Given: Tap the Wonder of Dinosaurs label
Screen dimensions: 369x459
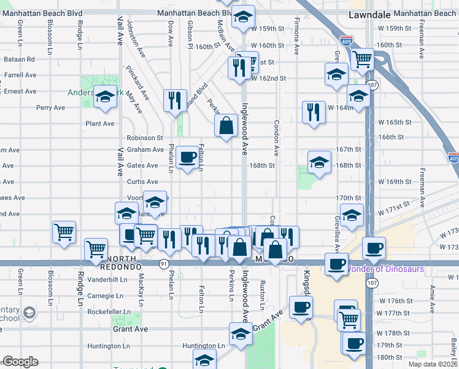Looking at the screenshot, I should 385,269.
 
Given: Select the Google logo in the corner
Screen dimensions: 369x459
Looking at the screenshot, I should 20,362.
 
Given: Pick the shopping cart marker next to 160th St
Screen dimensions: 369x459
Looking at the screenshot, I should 363,59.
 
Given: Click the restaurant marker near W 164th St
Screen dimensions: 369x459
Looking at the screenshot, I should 314,111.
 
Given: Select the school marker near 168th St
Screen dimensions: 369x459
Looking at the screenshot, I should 319,163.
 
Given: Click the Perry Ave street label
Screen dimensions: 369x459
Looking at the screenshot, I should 50,107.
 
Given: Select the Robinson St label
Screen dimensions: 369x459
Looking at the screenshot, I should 145,138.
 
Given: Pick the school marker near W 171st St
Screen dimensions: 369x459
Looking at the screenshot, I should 352,215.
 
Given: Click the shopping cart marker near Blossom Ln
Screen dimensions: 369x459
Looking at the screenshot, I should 64,232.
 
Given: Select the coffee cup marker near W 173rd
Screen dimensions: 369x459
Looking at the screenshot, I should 374,248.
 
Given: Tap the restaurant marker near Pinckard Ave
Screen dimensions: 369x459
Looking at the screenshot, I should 175,100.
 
